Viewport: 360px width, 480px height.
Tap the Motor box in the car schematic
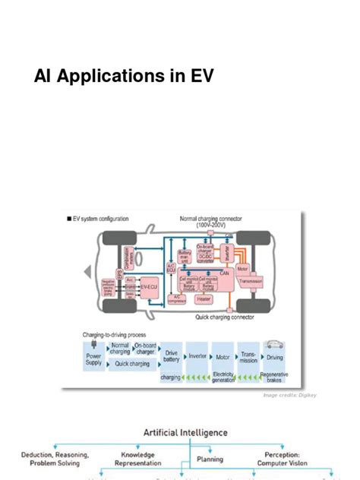tap(242, 269)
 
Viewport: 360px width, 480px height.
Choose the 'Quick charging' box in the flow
tap(132, 364)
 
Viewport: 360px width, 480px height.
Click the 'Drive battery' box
tap(171, 356)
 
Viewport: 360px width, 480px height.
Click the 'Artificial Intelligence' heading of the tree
tap(185, 433)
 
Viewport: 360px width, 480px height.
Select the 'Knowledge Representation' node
tap(137, 458)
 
